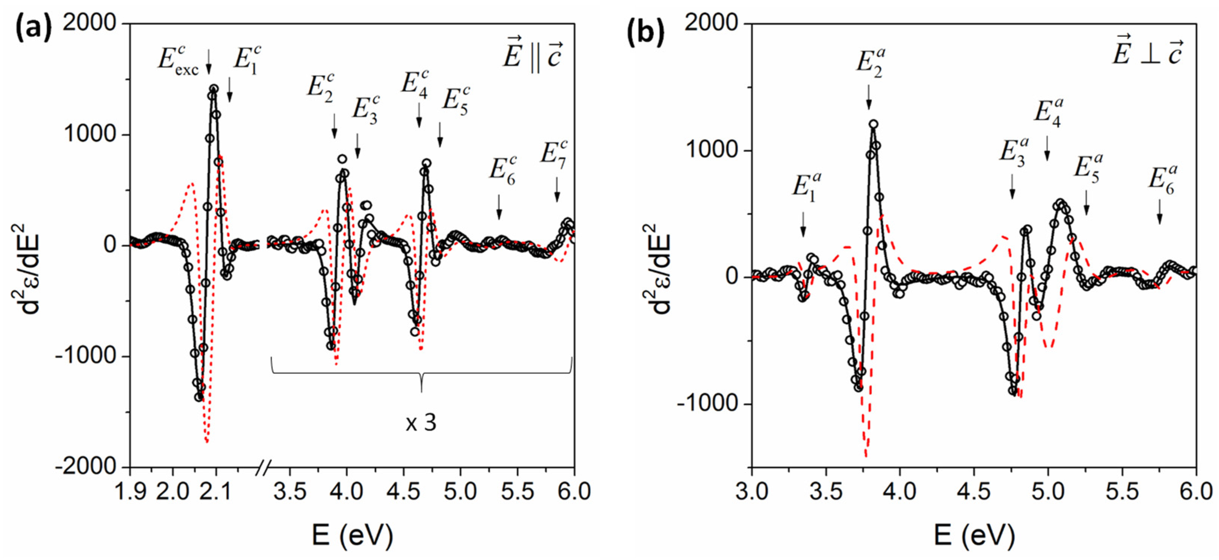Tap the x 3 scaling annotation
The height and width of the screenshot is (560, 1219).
421,422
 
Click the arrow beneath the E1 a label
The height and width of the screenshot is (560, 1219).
803,224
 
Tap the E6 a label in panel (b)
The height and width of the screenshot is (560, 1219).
1162,181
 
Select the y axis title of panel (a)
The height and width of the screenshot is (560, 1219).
26,270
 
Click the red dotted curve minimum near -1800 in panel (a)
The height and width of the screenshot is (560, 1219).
207,441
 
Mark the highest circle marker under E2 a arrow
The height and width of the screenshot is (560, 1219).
874,124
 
